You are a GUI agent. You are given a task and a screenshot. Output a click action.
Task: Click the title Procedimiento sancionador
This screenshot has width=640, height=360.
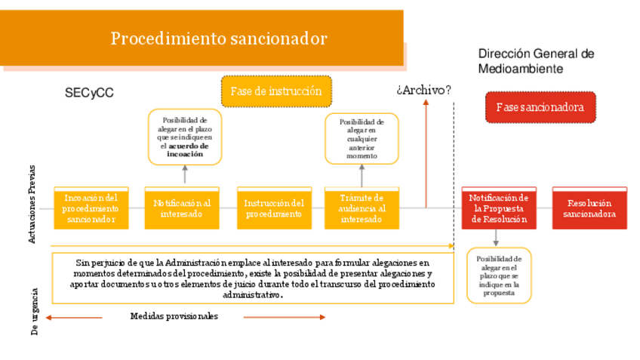pyautogui.click(x=219, y=38)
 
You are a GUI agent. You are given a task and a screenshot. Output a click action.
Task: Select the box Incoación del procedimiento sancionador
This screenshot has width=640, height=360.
pyautogui.click(x=91, y=208)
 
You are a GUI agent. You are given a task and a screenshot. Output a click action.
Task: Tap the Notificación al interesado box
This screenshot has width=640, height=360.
pyautogui.click(x=182, y=208)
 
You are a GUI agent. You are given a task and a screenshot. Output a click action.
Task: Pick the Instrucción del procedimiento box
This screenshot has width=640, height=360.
pyautogui.click(x=274, y=208)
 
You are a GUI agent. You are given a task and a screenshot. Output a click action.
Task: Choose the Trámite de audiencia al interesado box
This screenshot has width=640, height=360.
pyautogui.click(x=362, y=208)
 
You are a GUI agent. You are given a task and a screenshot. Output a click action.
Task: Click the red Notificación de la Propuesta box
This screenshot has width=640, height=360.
pyautogui.click(x=499, y=208)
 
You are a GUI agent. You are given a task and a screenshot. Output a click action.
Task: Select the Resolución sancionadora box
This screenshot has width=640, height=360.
pyautogui.click(x=589, y=208)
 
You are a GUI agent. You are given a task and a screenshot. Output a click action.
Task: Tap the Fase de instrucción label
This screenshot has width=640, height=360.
pyautogui.click(x=276, y=91)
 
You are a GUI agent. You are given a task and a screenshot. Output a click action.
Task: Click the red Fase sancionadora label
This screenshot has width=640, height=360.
pyautogui.click(x=540, y=107)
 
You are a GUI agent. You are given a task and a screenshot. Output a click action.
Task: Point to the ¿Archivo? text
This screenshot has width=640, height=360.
pyautogui.click(x=423, y=90)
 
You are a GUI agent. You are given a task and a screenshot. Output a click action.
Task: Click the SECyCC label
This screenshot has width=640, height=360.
pyautogui.click(x=89, y=94)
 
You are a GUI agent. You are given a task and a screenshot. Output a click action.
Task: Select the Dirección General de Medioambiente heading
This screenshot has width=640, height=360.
pyautogui.click(x=536, y=61)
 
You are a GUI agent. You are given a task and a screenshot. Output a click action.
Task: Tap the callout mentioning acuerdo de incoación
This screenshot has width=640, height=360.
pyautogui.click(x=185, y=137)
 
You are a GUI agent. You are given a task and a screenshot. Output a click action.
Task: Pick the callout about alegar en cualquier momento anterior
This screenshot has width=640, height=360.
pyautogui.click(x=362, y=139)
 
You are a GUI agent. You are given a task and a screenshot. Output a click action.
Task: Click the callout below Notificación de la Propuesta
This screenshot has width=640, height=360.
pyautogui.click(x=498, y=275)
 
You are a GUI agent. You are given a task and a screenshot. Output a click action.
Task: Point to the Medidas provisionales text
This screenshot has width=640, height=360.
pyautogui.click(x=174, y=316)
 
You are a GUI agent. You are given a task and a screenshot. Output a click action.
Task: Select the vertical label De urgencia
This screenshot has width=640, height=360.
pyautogui.click(x=34, y=310)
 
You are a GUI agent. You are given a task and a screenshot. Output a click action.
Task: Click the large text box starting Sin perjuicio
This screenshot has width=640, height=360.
pyautogui.click(x=253, y=278)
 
